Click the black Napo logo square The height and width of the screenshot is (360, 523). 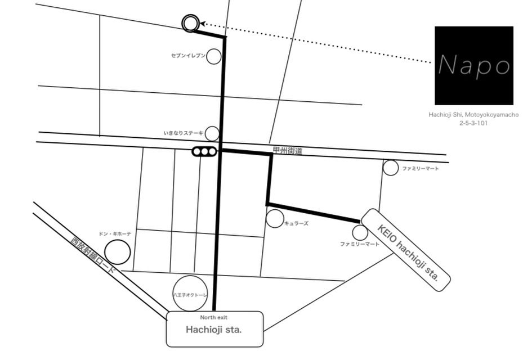(x=475, y=65)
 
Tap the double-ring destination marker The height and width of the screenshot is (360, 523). (x=190, y=23)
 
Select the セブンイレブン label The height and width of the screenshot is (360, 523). (x=188, y=56)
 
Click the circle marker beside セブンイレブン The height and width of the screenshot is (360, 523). (x=213, y=56)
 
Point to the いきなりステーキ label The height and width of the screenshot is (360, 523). (x=183, y=133)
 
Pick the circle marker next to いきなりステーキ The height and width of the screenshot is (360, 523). (x=212, y=133)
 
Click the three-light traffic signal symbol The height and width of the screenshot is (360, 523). (x=204, y=151)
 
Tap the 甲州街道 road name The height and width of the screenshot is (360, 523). (x=287, y=151)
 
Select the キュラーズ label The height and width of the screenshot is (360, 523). (x=296, y=224)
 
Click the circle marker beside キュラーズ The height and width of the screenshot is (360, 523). (x=275, y=219)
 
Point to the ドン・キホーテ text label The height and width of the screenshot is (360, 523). (x=114, y=233)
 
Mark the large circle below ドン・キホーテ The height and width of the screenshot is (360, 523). (x=118, y=252)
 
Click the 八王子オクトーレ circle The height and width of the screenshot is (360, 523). (x=190, y=294)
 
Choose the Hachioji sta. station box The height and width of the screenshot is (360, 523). (x=214, y=330)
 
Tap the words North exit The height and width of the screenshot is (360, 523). (x=214, y=318)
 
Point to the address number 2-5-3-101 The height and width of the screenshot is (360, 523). (x=473, y=123)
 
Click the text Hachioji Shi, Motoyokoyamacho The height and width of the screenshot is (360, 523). (x=473, y=114)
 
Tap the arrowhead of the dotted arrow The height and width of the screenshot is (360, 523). (x=203, y=24)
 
